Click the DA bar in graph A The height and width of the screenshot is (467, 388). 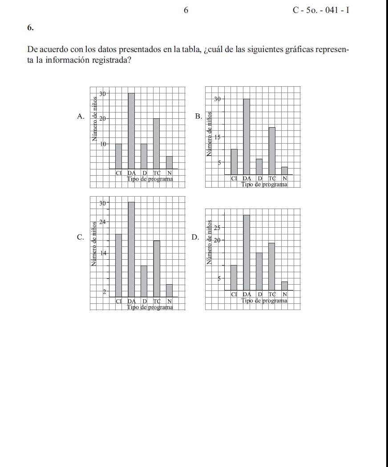tap(131, 131)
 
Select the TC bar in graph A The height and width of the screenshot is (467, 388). tap(157, 144)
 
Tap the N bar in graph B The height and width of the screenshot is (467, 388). tap(284, 171)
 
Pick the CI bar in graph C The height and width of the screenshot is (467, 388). tap(118, 265)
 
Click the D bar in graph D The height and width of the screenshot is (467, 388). tap(259, 271)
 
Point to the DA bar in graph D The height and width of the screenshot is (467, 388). tap(247, 252)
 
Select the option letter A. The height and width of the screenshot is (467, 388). tap(81, 117)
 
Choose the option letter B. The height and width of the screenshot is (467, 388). tap(198, 117)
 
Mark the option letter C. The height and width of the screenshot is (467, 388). tap(81, 237)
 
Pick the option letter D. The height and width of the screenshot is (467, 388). tap(195, 237)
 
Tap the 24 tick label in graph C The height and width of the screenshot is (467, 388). tap(102, 222)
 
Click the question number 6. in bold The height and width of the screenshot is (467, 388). tap(30, 27)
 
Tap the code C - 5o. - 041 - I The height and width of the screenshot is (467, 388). tap(320, 10)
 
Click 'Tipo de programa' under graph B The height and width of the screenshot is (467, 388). tap(264, 184)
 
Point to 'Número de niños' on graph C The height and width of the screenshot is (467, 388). tap(94, 244)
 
